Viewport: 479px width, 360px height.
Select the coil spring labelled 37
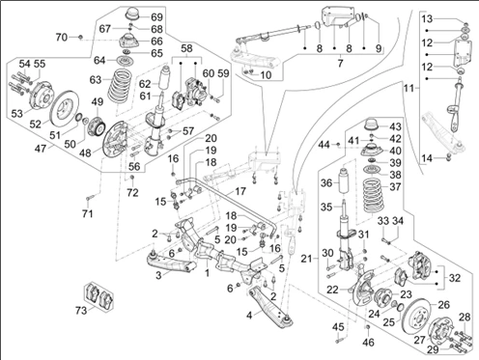point(376,196)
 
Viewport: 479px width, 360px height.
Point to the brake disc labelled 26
point(418,317)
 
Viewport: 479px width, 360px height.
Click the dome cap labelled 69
point(132,15)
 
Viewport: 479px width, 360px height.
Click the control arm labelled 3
point(171,262)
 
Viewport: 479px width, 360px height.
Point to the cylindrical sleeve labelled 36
point(344,180)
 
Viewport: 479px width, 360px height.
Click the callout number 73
point(81,310)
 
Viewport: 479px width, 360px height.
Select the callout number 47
point(41,149)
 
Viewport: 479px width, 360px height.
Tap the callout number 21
point(307,258)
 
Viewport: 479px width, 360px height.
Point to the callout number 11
point(409,88)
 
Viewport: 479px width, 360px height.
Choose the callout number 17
point(240,191)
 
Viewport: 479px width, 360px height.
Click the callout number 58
point(186,48)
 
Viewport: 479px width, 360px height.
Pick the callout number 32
point(455,277)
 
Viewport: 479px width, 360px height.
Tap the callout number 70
point(62,37)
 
